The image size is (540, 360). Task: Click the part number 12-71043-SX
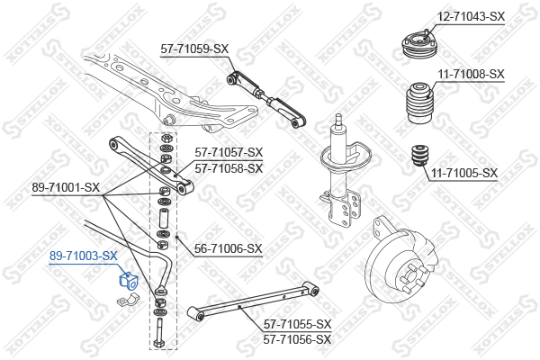coord(471,16)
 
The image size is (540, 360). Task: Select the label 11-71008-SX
coord(471,74)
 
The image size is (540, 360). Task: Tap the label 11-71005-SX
coord(464,173)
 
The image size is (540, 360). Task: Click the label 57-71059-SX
coord(194,49)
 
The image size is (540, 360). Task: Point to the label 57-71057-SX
coord(229,152)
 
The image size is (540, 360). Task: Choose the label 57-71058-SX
coord(229,168)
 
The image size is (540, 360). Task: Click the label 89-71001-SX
coord(66,187)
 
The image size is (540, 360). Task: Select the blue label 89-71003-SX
coord(84,256)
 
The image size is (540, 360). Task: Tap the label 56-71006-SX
coord(229,248)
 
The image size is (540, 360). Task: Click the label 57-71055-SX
coord(297,324)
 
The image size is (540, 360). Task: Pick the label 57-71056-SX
coord(297,339)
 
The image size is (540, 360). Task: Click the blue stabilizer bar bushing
coord(128,280)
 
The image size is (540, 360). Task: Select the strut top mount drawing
coord(418,45)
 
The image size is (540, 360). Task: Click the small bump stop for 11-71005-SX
coord(420,156)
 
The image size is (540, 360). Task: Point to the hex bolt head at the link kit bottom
coord(159,344)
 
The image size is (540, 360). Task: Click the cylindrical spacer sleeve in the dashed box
coord(163,218)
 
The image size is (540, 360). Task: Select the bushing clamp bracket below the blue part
coord(128,300)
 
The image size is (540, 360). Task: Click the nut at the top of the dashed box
coord(166,139)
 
